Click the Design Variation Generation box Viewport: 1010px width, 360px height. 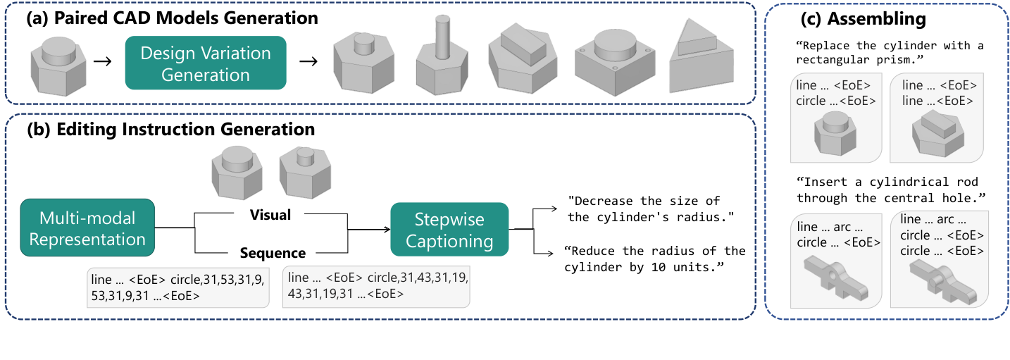pos(206,63)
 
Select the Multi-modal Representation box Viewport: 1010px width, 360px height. pos(88,229)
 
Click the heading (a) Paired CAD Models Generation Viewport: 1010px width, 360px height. pos(172,17)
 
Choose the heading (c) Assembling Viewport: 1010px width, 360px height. pos(886,18)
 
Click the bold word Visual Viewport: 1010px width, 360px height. pos(270,215)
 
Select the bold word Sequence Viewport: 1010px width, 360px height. pos(273,253)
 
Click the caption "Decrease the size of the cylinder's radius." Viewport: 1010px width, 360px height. pos(644,209)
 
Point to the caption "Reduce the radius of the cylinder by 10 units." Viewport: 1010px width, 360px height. pos(655,259)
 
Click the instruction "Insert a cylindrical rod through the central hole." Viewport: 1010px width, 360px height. pos(890,190)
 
